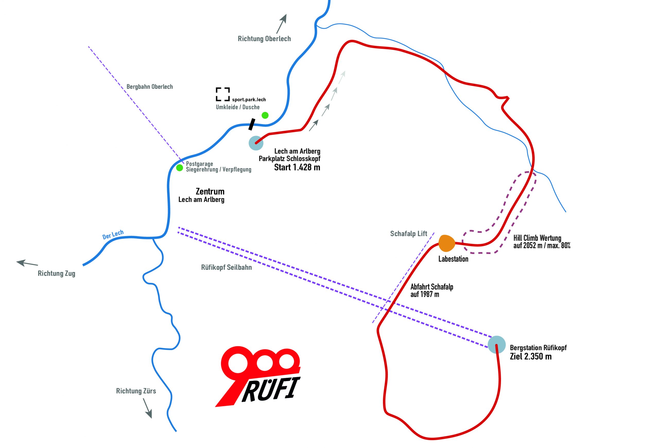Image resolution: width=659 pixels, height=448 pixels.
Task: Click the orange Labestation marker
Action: (447, 243)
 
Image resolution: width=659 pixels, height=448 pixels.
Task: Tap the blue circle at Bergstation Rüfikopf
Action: (497, 344)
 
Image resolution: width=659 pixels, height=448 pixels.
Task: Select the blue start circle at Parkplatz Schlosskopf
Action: (256, 143)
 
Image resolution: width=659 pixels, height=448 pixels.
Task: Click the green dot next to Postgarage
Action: (179, 168)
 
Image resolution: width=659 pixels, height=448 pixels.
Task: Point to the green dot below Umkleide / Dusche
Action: (265, 115)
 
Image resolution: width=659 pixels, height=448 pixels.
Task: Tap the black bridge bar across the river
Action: (252, 124)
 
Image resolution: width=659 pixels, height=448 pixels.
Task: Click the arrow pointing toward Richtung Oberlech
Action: (282, 24)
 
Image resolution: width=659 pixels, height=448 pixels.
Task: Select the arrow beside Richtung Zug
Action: (27, 263)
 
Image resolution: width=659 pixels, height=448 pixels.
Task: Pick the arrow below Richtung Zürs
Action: (148, 408)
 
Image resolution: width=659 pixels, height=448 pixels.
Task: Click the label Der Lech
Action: (113, 235)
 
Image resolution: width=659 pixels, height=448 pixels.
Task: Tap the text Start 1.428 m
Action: (297, 167)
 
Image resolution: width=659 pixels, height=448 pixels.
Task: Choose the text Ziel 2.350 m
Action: (531, 356)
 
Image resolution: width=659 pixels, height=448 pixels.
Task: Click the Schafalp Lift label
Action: (409, 233)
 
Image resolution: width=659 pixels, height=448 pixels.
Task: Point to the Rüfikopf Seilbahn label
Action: (226, 267)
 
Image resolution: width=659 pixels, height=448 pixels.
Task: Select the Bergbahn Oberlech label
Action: (150, 87)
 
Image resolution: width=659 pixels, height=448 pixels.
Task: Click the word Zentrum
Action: (210, 191)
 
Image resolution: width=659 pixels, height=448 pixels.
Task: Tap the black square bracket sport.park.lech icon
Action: (223, 94)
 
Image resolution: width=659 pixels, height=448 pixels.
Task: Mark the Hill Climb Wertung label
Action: (537, 238)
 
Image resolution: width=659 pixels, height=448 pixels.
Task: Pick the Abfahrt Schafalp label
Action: (432, 287)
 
